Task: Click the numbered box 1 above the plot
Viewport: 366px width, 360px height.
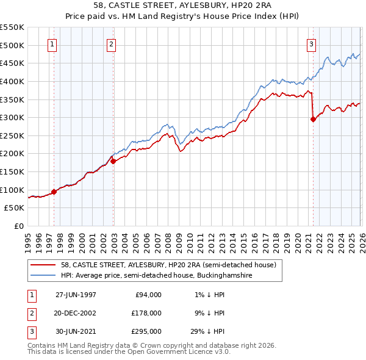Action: [52, 44]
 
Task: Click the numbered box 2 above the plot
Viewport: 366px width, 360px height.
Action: [111, 44]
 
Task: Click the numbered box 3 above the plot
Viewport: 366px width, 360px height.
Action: [311, 44]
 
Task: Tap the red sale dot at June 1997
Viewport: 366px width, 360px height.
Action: [54, 192]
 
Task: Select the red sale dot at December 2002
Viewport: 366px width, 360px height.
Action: [113, 161]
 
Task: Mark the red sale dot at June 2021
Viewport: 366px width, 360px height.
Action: [313, 119]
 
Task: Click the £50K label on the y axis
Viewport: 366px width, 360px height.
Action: [15, 208]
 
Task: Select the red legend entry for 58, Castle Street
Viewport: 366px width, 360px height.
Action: [168, 265]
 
